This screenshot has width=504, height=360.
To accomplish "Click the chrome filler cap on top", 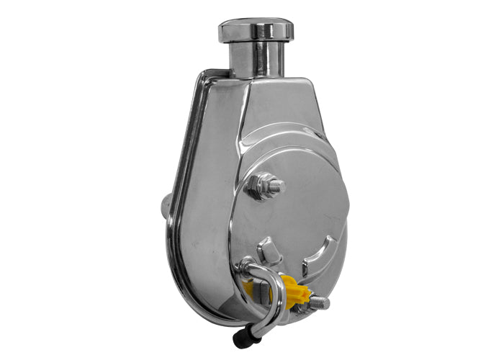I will point(256,30).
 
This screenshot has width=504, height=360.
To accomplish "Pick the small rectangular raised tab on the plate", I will point(269,250).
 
